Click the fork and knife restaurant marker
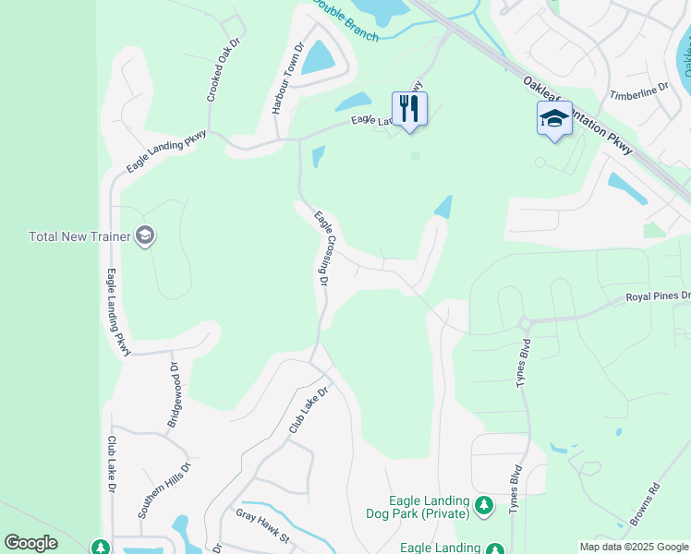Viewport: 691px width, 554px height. tap(409, 109)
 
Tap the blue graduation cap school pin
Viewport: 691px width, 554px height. tap(554, 119)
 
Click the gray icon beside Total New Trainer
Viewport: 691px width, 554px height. tap(145, 236)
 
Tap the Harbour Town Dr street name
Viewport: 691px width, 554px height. tap(287, 78)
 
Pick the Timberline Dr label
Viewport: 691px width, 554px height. tap(638, 91)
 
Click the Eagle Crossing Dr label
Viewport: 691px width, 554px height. tap(321, 248)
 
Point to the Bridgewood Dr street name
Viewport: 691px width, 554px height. tap(172, 393)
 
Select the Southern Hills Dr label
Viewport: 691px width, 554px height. tap(164, 489)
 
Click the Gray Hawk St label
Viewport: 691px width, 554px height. tap(263, 525)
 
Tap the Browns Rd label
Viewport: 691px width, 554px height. tap(645, 504)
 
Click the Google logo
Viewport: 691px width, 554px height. tap(30, 543)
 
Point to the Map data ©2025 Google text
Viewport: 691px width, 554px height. tap(633, 547)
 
